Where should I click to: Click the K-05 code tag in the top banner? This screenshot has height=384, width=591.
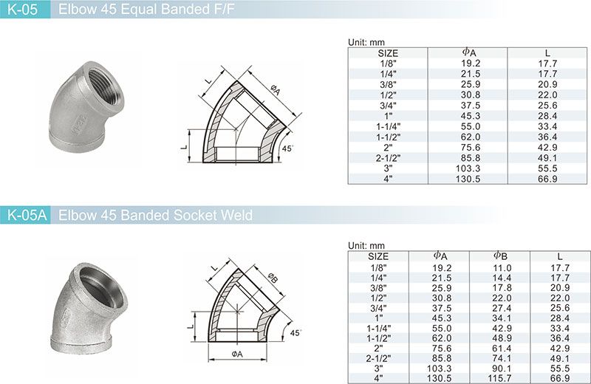(23, 10)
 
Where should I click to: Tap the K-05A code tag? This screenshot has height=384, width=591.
(27, 215)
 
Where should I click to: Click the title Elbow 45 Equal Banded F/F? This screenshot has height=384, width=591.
(146, 10)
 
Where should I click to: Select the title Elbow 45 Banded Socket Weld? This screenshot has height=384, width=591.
(155, 215)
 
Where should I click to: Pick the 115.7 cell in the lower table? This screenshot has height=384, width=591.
(502, 378)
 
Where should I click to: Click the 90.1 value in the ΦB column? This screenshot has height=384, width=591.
(502, 368)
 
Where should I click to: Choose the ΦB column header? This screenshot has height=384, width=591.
(501, 256)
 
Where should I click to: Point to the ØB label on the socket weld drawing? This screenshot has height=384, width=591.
(273, 278)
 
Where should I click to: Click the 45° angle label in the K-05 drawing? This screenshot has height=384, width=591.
(287, 148)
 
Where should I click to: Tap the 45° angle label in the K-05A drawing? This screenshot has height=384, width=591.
(295, 333)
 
